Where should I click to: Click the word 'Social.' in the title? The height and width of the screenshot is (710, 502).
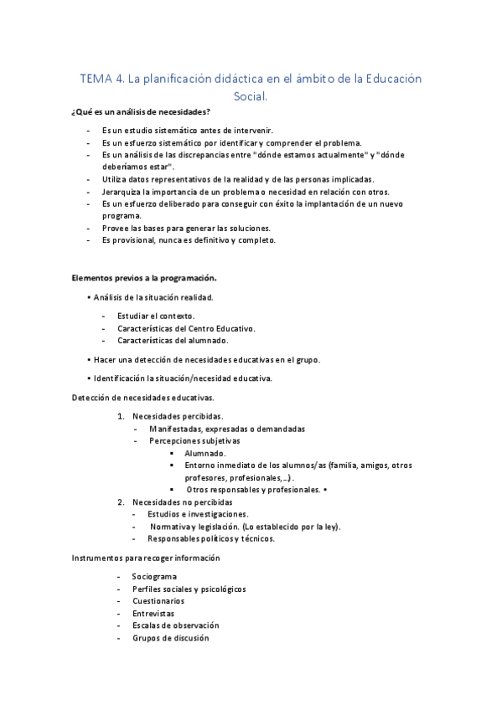coord(251,97)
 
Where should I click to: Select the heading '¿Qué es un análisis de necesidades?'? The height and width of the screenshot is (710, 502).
coord(141,113)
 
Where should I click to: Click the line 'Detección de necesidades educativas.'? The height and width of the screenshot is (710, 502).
coord(143,397)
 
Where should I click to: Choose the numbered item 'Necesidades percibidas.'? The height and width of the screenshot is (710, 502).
coord(178,416)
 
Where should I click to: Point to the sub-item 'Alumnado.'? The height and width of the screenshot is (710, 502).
coord(204,453)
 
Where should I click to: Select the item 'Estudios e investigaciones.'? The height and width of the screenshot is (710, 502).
coord(198,513)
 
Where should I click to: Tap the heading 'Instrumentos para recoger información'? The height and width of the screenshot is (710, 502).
coord(146,558)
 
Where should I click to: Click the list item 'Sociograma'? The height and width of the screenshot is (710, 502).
coord(154,577)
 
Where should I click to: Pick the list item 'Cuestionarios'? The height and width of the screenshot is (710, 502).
coord(158,601)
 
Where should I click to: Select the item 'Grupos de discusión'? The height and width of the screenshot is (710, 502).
coord(170,638)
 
